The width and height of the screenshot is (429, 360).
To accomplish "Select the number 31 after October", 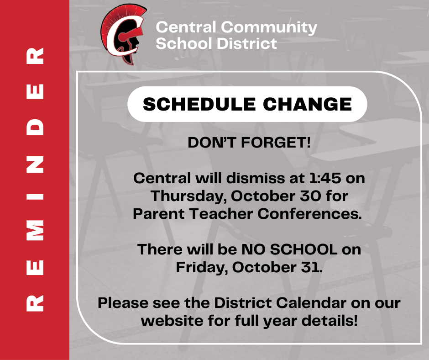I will tap(313, 267).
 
